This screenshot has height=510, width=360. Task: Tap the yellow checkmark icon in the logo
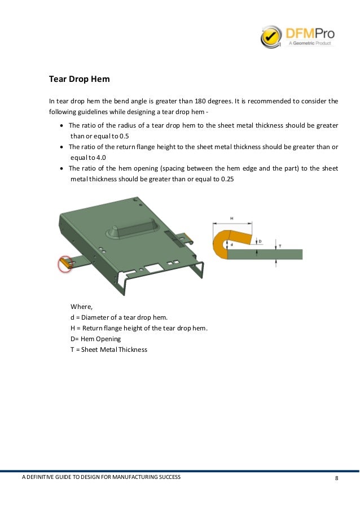tap(271, 37)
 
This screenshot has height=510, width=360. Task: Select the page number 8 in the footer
tap(337, 478)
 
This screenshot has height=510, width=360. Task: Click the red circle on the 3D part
tap(66, 263)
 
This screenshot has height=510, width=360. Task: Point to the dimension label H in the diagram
tap(232, 217)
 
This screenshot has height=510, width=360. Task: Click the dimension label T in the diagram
tap(280, 245)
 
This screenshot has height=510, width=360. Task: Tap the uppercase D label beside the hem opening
tap(260, 241)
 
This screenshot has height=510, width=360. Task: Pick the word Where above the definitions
tap(81, 307)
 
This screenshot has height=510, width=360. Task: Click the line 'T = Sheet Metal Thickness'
tap(108, 350)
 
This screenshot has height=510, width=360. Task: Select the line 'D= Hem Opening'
tap(95, 339)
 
